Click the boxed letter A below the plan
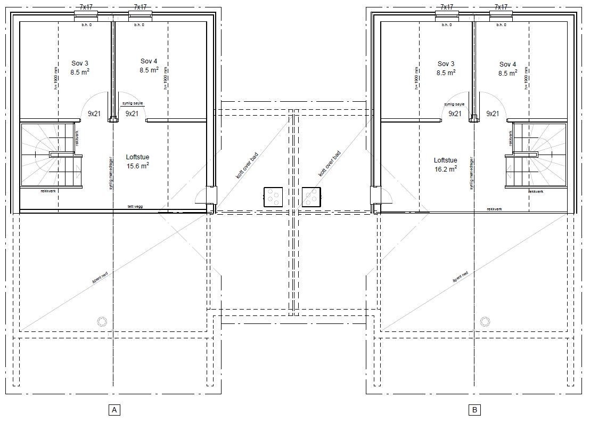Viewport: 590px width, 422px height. [x=113, y=410]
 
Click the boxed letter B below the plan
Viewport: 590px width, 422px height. [x=474, y=410]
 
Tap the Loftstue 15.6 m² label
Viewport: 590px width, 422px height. [x=137, y=161]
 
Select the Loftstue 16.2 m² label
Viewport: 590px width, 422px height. [x=445, y=164]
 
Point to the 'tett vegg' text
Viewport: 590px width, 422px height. [x=134, y=207]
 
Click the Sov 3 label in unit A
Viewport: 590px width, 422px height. [x=80, y=68]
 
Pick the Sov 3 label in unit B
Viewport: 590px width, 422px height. [x=445, y=68]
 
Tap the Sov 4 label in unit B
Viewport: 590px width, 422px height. [x=507, y=68]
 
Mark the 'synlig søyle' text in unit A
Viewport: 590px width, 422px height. [x=133, y=103]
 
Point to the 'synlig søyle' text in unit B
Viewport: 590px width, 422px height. [x=454, y=104]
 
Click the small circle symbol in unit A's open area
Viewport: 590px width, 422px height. [x=101, y=321]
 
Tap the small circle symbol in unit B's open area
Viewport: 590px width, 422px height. [x=485, y=321]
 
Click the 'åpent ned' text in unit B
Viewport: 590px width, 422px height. [x=460, y=277]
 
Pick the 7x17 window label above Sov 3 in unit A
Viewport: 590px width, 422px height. [x=86, y=7]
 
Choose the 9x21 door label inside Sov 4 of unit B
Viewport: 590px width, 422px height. [x=493, y=113]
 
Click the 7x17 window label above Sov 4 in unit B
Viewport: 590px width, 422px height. [x=501, y=7]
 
